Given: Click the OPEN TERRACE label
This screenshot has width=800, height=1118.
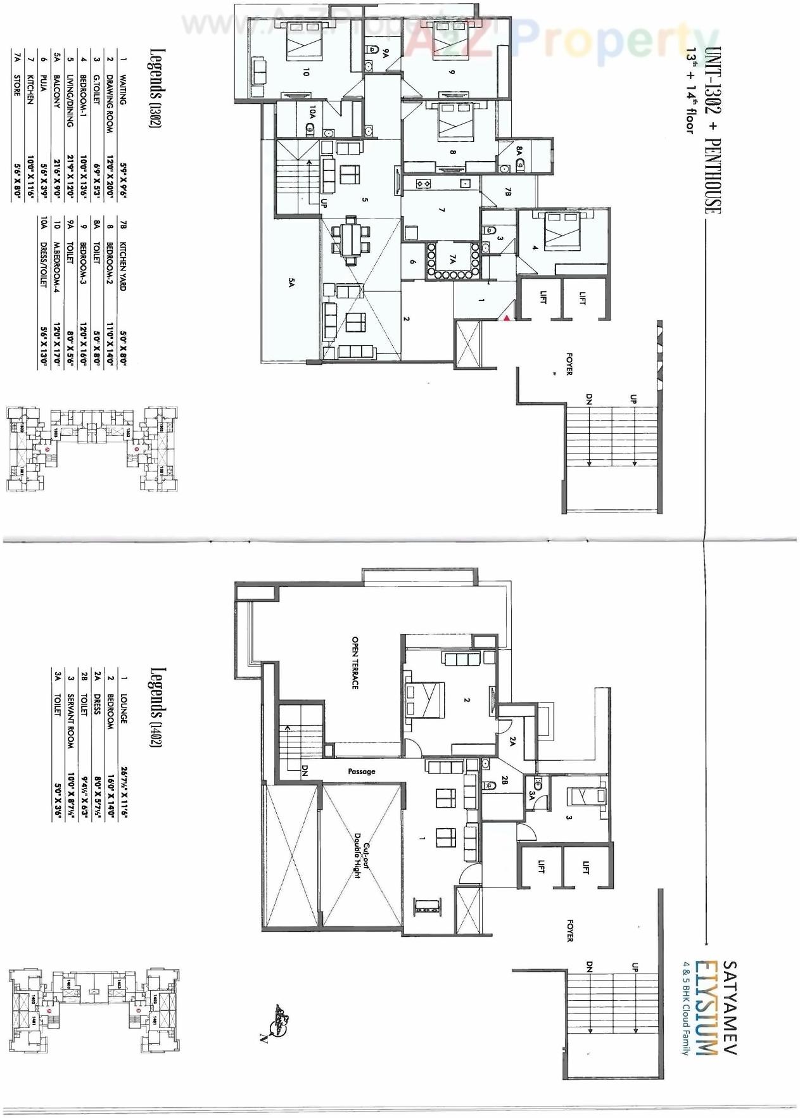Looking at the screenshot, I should pos(355,663).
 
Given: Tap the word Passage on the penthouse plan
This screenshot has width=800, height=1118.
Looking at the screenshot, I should pos(362,772).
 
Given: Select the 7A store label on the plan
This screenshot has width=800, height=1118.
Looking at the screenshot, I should pos(453,259).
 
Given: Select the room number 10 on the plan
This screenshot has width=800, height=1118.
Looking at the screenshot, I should pos(306,72).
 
